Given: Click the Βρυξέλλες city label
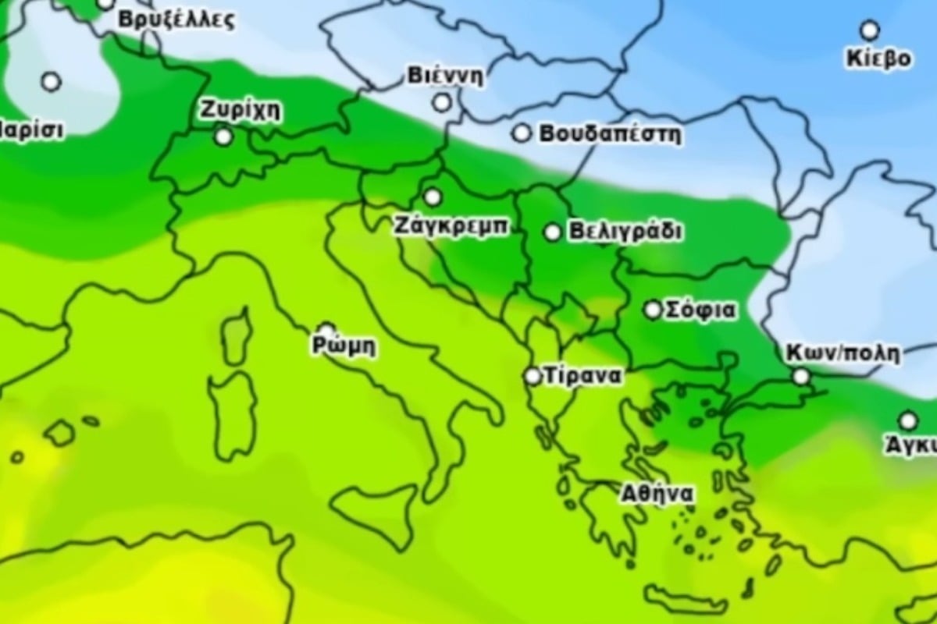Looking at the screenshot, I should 176,19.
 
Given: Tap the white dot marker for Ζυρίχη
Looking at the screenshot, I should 224,137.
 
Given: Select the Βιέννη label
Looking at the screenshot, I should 445,76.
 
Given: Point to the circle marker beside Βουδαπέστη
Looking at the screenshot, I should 521,133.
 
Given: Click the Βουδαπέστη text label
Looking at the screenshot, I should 610,134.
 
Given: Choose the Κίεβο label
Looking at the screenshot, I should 878,59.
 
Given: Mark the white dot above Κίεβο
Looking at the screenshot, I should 869,30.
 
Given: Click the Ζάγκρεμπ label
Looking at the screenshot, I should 451,227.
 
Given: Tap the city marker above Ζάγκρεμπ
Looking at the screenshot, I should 433,197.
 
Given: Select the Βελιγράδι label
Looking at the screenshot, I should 625,232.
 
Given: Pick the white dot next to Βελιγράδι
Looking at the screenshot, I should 552,232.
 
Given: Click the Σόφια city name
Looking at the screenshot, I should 700,310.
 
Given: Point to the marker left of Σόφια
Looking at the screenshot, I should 653,310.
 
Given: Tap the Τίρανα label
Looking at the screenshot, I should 584,376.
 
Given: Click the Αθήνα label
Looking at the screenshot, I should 657,494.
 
